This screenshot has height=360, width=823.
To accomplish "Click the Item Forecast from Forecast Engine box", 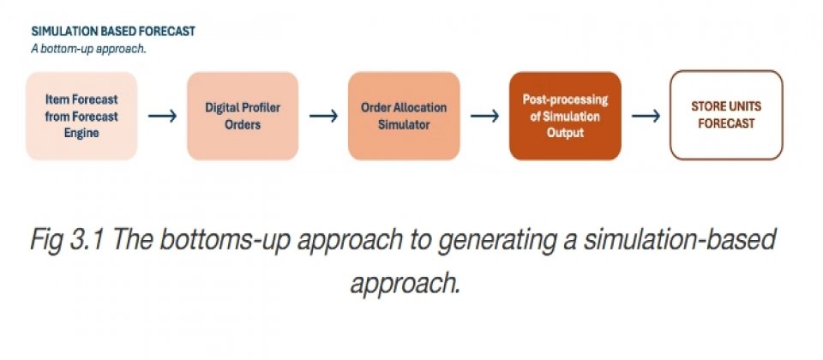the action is (x=81, y=116).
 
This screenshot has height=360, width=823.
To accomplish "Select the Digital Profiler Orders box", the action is (x=243, y=116).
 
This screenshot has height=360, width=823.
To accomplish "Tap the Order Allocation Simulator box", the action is (x=404, y=116).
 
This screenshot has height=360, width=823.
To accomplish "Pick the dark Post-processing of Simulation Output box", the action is (x=565, y=116).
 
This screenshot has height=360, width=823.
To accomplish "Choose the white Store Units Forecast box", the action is (x=726, y=115).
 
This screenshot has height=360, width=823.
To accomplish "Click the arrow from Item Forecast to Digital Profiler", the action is (x=162, y=116).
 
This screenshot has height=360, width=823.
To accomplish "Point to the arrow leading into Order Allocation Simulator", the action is (x=323, y=116).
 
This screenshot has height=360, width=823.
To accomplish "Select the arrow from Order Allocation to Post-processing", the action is (x=484, y=116).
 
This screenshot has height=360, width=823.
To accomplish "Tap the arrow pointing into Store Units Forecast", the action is (x=646, y=116).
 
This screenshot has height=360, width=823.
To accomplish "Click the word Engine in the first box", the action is (x=82, y=134).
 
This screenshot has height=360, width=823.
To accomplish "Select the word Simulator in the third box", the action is (x=404, y=125).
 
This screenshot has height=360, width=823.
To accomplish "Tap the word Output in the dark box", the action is (x=565, y=133).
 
